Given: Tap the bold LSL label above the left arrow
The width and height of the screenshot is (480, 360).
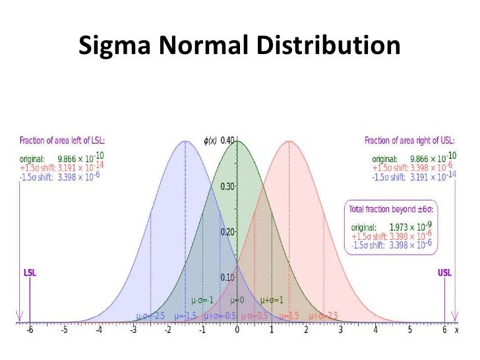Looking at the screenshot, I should point(30,272).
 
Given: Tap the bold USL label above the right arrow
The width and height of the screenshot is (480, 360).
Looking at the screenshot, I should point(445,272).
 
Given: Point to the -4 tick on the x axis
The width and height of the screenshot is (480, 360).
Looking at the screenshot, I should point(98,330).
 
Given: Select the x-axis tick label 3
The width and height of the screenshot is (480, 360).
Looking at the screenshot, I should point(340,330).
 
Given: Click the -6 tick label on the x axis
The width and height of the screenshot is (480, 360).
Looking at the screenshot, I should point(30,330).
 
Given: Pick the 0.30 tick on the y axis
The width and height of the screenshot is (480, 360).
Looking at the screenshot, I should point(227,186).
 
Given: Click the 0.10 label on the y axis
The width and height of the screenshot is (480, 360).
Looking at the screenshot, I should point(227,278).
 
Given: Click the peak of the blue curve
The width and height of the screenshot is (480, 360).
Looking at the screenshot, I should point(185,141).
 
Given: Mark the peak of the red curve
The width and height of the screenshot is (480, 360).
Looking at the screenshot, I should point(289,141).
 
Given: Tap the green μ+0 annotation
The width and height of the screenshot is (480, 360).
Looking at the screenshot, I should point(237,300).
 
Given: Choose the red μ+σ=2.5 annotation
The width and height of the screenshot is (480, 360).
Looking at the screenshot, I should point(322,315).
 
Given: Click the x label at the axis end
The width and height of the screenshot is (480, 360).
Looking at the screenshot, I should point(456,330).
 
